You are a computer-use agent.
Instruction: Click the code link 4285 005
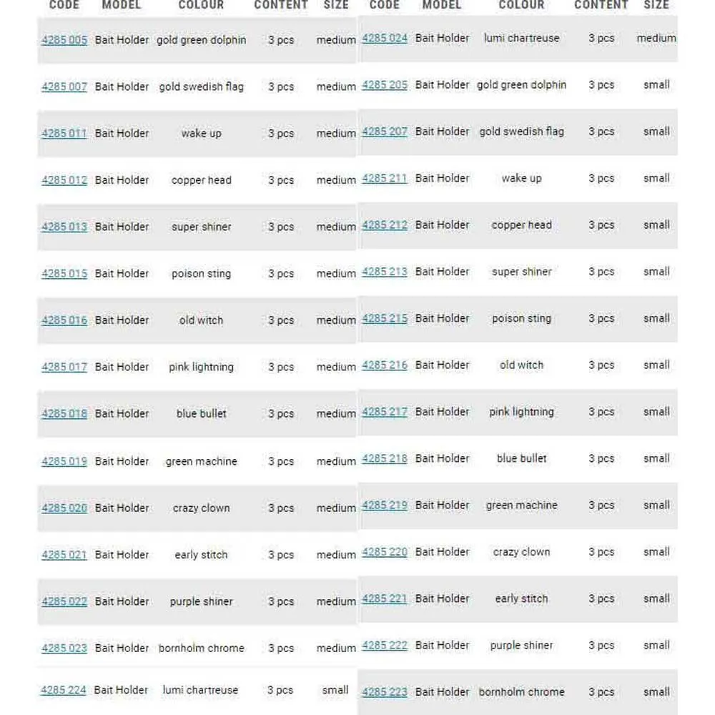tap(64, 40)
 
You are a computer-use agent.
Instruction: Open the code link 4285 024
tap(385, 38)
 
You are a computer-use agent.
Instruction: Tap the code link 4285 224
tap(64, 690)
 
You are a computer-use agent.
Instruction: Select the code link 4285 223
tap(385, 691)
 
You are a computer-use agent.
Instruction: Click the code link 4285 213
tap(385, 272)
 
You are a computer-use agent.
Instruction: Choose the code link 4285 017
tap(64, 367)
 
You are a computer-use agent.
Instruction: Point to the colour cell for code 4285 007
tap(201, 87)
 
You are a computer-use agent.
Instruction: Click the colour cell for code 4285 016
tap(201, 320)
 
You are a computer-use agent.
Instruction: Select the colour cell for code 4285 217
tap(521, 412)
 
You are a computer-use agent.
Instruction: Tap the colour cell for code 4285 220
tap(521, 552)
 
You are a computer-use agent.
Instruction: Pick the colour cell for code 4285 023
tap(201, 648)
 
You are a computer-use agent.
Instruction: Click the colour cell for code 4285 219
tap(521, 505)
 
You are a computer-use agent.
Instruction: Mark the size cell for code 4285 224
tap(335, 690)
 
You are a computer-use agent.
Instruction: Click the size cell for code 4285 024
tap(656, 38)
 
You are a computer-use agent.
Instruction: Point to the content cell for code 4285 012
tap(281, 180)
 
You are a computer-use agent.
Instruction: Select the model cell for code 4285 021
tap(122, 555)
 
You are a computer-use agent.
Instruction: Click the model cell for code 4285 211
tap(443, 178)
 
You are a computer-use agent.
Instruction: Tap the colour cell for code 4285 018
tap(201, 413)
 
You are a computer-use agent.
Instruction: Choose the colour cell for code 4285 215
tap(521, 318)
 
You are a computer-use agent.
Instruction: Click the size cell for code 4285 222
tap(656, 645)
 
